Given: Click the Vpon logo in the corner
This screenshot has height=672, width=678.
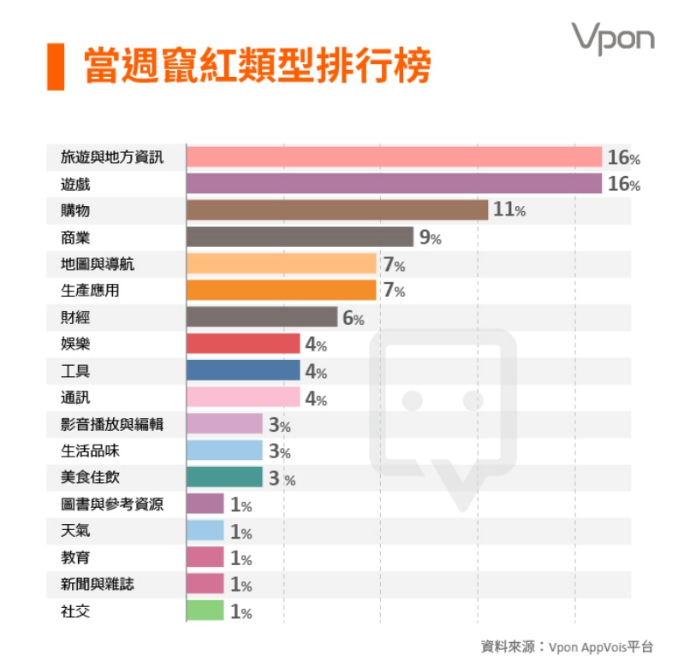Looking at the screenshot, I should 613,38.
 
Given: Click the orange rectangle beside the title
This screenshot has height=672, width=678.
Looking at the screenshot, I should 56,65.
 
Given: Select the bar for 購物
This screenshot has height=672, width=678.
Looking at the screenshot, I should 336,210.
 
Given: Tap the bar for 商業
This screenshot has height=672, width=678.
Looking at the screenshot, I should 300,237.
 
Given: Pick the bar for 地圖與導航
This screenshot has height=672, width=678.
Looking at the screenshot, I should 281,263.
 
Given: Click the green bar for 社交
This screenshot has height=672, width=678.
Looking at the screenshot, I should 205,610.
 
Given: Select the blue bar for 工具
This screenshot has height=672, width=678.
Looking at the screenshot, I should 243,370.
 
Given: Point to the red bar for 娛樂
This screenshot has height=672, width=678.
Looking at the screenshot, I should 243,344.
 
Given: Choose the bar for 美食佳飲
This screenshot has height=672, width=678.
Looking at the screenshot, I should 224,477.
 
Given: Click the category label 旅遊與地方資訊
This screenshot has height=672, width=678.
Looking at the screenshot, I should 111,157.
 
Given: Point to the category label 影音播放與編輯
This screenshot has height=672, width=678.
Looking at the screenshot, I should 111,424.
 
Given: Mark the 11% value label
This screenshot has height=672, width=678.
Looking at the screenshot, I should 508,209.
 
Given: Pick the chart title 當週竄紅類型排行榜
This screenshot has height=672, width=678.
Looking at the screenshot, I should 257,66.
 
